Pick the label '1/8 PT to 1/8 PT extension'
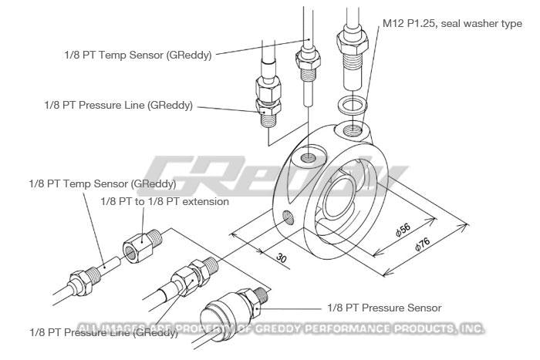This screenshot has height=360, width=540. click(165, 201)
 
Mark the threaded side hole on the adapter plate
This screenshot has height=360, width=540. click(288, 217)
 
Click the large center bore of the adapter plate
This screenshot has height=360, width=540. click(339, 197)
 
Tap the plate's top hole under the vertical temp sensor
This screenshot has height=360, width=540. click(309, 157)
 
